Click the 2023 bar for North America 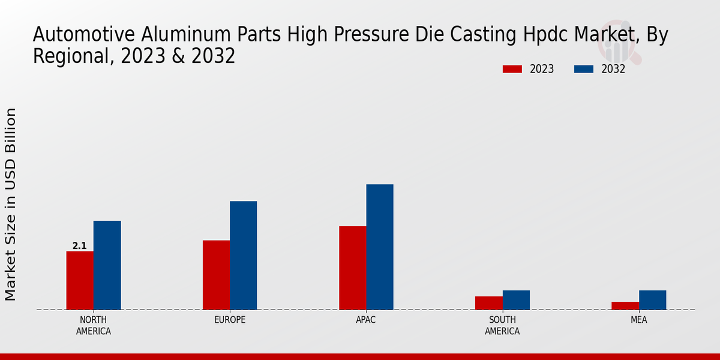click(x=80, y=280)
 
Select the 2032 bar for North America click(x=107, y=265)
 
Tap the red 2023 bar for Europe click(x=216, y=275)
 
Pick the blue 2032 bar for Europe click(x=243, y=256)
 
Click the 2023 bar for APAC click(x=352, y=268)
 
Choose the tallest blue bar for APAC click(x=380, y=247)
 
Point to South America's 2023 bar click(x=488, y=303)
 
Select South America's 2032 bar click(x=516, y=300)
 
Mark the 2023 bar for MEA click(x=625, y=305)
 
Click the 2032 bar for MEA click(x=652, y=300)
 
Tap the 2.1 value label click(x=79, y=246)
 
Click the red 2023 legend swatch click(x=512, y=69)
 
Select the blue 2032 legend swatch click(x=583, y=69)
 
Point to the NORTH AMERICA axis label click(x=94, y=325)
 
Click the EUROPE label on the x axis click(x=230, y=320)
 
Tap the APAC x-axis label click(x=366, y=320)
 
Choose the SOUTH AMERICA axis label click(x=502, y=325)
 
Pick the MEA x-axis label click(x=638, y=320)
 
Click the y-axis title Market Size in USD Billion click(x=11, y=204)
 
